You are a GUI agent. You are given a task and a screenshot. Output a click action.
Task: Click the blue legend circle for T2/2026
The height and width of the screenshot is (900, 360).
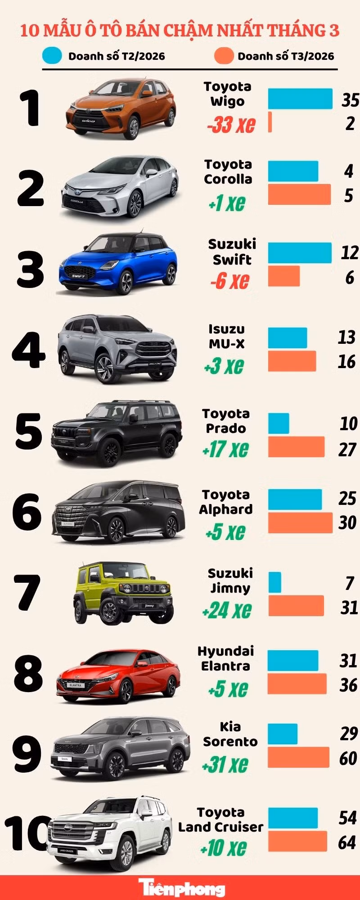coord(52,56)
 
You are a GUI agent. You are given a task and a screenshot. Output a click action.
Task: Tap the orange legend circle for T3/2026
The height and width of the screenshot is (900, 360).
coord(224,56)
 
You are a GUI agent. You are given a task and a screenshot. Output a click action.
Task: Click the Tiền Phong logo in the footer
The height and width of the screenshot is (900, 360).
coord(181,888)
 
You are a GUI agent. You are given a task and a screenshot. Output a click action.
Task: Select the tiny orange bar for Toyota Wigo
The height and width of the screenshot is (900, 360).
coord(270,122)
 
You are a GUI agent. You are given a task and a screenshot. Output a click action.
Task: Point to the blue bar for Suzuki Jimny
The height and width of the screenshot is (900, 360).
coord(274,582)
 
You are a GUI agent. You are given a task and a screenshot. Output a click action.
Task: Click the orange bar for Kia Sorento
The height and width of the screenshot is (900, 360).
coord(298,757)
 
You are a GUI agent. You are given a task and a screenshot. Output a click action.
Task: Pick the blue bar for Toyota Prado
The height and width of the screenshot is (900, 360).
coord(279,423)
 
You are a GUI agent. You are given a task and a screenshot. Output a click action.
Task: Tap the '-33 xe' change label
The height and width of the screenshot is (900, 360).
coord(231,124)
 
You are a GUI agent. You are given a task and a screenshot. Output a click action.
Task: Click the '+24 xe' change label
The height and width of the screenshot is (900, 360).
coord(226,610)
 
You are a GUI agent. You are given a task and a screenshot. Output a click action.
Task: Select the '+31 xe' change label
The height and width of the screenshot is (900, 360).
coord(225,764)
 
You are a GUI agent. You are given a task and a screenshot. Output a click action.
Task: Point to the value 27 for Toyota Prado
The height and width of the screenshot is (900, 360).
coord(347,449)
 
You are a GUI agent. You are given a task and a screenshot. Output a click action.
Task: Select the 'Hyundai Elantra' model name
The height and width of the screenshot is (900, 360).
coord(225,658)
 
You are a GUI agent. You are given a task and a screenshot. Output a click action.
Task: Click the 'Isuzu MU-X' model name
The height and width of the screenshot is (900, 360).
coord(227,336)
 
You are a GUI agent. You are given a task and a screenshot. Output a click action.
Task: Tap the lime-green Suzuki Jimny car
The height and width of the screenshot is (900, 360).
coord(122,594)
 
